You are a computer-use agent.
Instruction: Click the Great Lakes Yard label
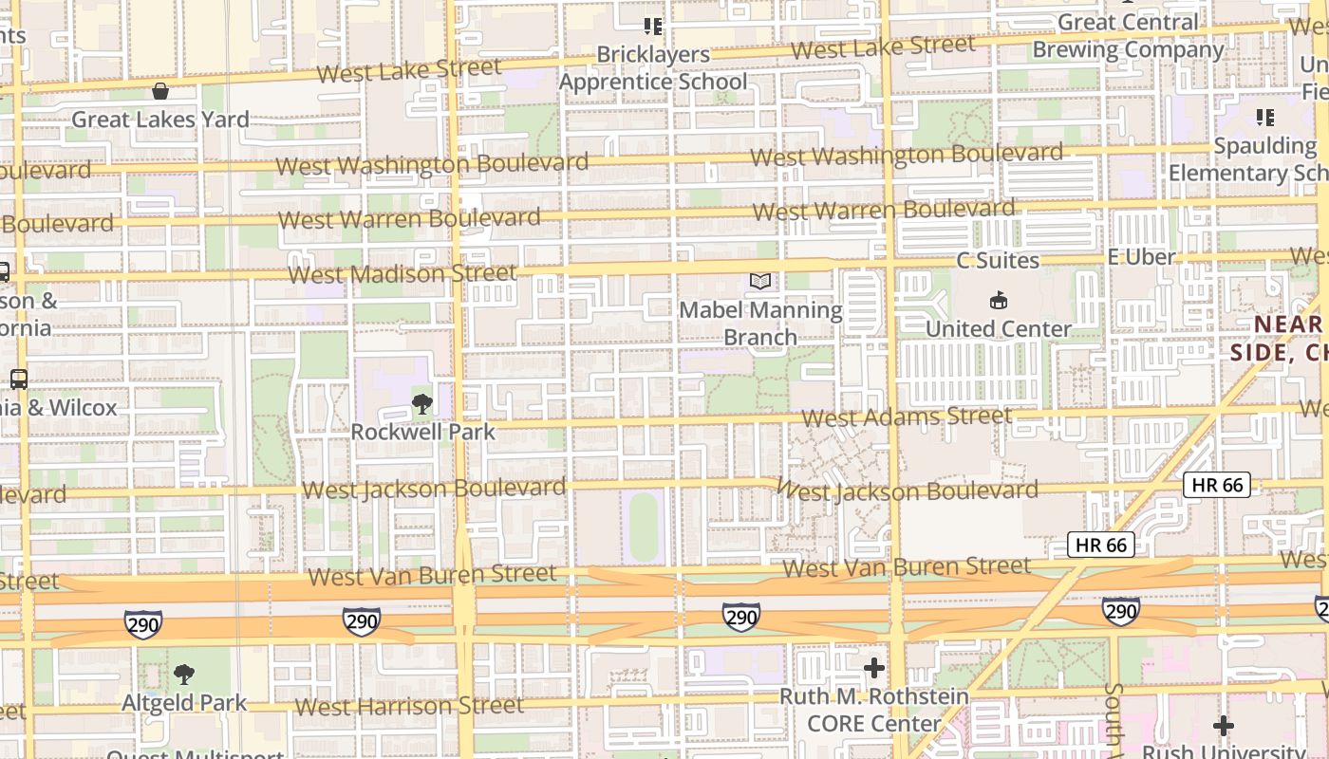[x=160, y=120]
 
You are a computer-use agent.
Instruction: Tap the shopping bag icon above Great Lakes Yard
[x=160, y=91]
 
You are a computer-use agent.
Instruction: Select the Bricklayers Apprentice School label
[x=653, y=68]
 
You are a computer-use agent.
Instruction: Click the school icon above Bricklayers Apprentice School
[x=653, y=26]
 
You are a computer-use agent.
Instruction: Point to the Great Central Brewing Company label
[x=1128, y=36]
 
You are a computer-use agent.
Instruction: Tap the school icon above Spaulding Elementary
[x=1264, y=118]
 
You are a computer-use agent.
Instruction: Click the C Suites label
[x=998, y=260]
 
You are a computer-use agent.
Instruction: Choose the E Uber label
[x=1141, y=257]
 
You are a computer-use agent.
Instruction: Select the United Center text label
[x=999, y=329]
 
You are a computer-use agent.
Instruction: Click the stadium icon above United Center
[x=999, y=301]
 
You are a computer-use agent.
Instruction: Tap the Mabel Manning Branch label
[x=760, y=324]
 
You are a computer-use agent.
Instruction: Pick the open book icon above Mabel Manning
[x=760, y=281]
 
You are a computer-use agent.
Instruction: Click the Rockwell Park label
[x=423, y=432]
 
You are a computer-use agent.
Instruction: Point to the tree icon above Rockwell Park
[x=422, y=405]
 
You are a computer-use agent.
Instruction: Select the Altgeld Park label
[x=184, y=703]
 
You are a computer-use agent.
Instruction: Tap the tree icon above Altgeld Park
[x=184, y=675]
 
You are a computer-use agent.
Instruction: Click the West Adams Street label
[x=907, y=417]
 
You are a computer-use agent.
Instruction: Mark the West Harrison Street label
[x=409, y=707]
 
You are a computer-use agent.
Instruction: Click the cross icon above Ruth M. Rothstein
[x=874, y=668]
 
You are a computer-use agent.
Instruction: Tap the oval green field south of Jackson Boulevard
[x=644, y=527]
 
